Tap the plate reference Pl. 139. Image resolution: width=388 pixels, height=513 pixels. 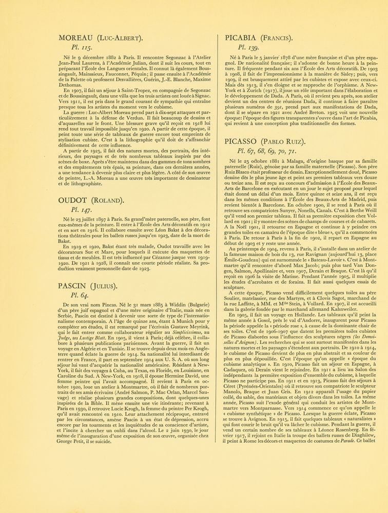click(246, 49)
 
